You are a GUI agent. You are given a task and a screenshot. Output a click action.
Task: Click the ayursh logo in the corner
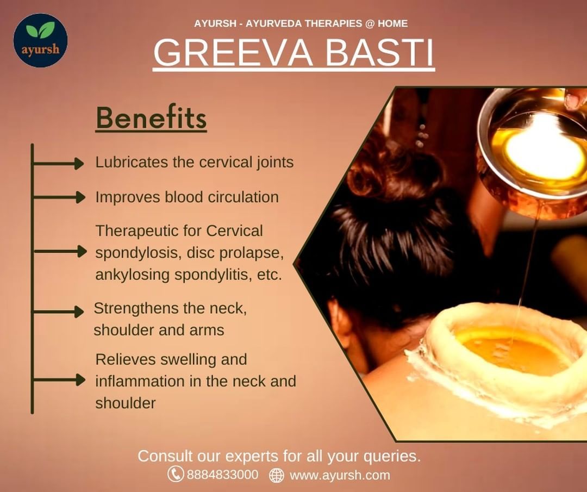pos(40,40)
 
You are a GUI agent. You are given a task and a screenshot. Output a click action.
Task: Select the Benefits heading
pos(151,119)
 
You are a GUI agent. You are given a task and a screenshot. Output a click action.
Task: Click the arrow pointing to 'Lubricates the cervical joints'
pos(58,164)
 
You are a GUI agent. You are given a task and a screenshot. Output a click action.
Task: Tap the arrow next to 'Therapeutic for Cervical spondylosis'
pos(60,251)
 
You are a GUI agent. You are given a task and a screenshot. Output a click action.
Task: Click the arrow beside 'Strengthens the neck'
pos(58,312)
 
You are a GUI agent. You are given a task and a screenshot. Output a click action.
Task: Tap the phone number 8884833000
pos(222,475)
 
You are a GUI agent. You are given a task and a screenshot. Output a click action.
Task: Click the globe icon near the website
pos(277,475)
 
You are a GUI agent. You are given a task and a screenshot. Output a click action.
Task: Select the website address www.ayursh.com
pos(340,476)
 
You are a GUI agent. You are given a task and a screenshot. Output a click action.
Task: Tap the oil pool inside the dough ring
pos(513,350)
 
